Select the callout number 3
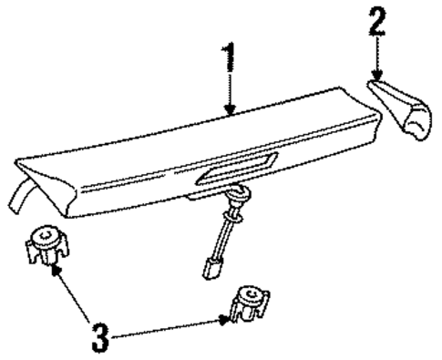pyautogui.click(x=101, y=338)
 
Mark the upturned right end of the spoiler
pyautogui.click(x=350, y=91)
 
